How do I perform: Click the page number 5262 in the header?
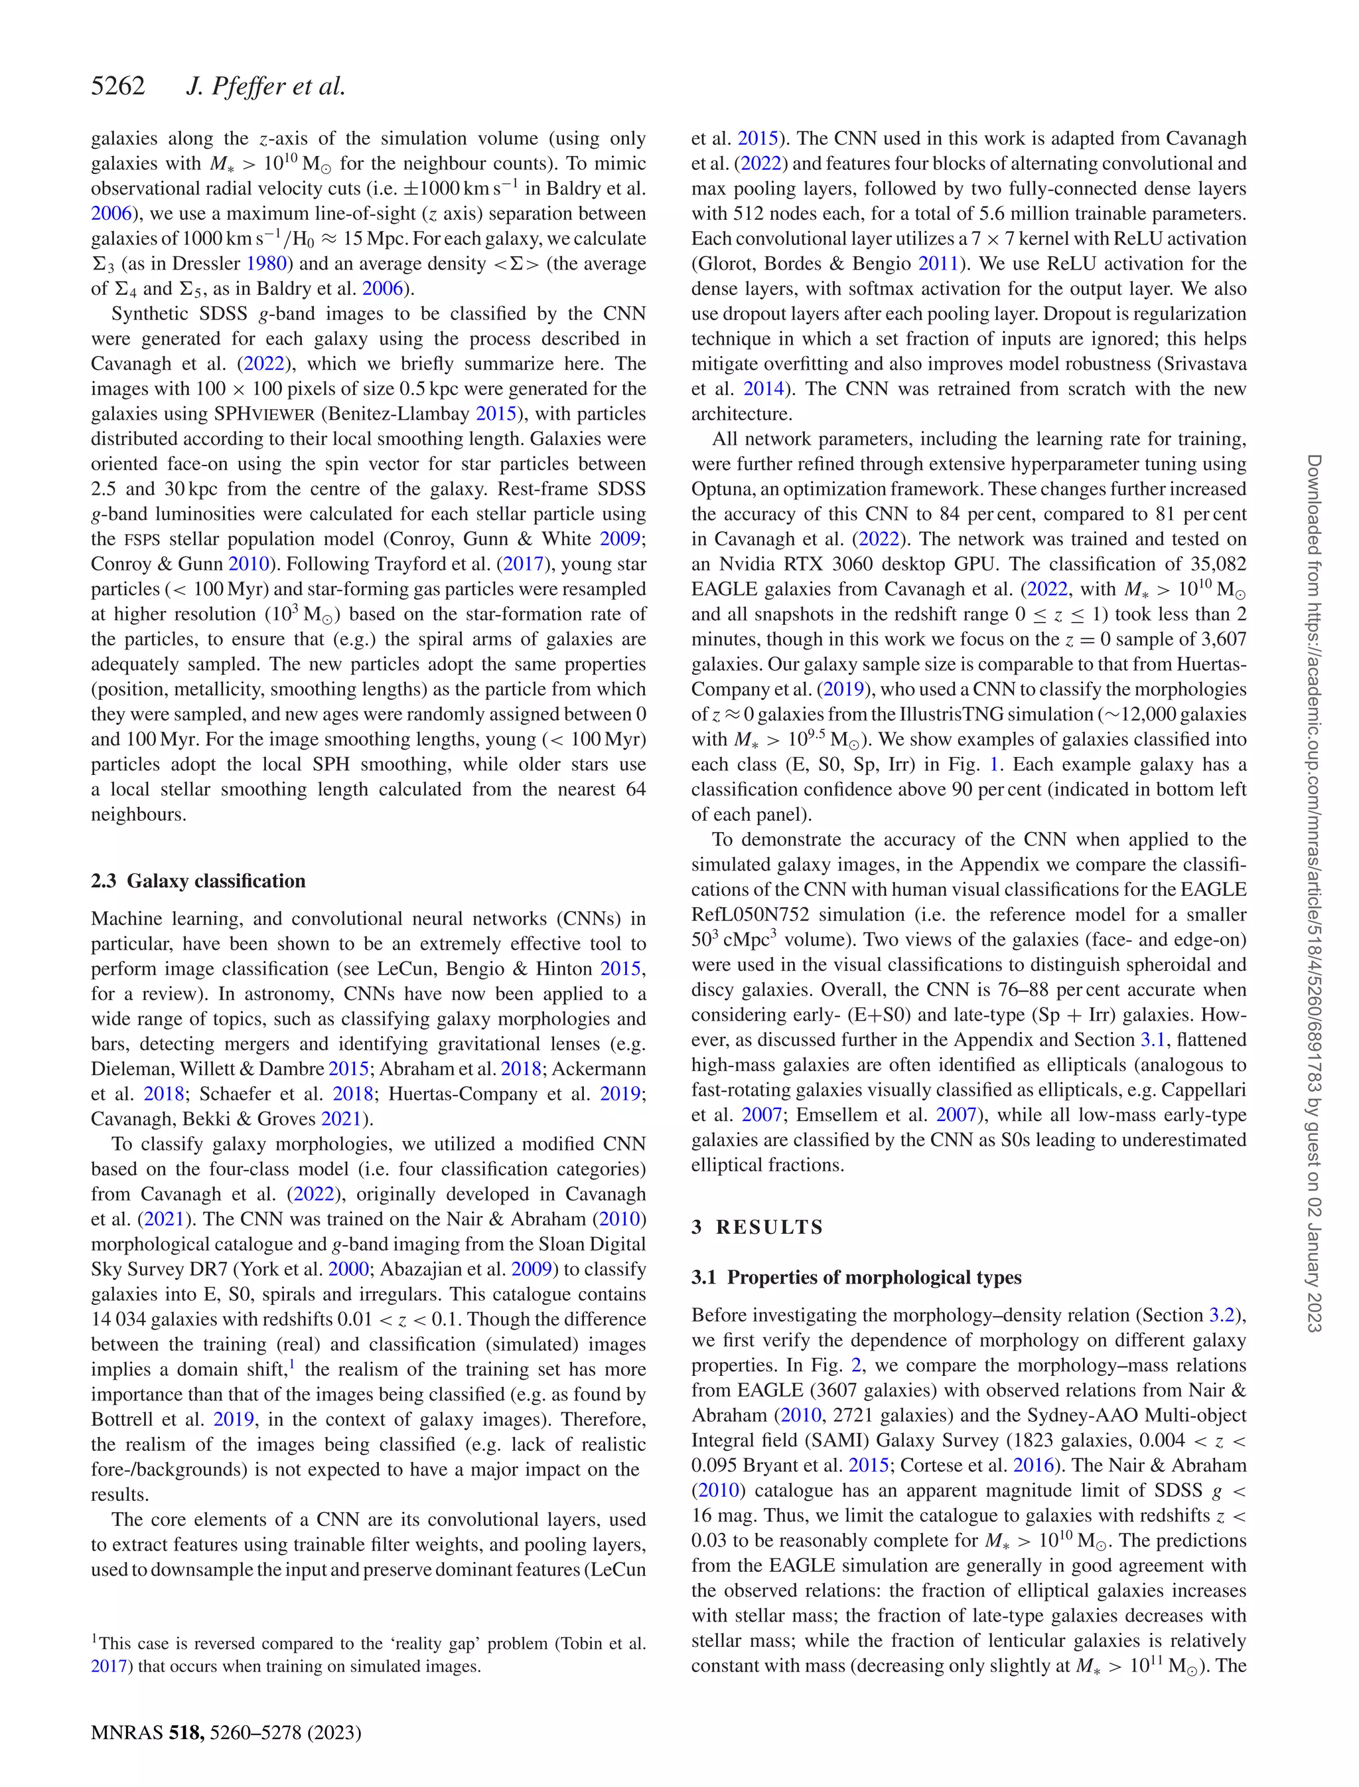tap(118, 86)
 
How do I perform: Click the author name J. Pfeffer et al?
tap(265, 86)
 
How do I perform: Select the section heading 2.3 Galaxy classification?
tap(198, 881)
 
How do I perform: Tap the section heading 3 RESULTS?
tap(757, 1227)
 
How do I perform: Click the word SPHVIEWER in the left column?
tap(263, 414)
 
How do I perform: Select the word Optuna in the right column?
tap(721, 489)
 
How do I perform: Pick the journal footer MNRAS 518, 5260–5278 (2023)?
tap(226, 1732)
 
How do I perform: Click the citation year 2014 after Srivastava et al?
tap(763, 388)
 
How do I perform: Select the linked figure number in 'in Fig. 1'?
tap(994, 765)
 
